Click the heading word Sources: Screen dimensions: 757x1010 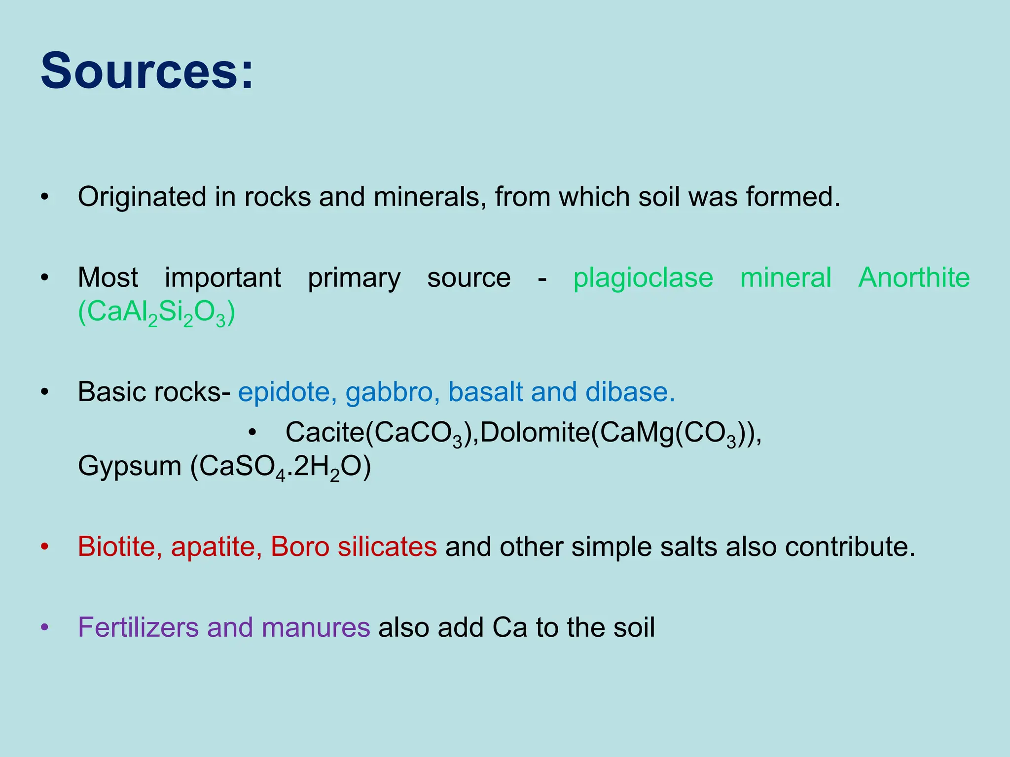coord(146,71)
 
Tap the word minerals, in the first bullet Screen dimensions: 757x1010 coord(430,197)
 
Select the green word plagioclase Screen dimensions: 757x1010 coord(643,278)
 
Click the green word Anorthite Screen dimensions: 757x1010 coord(914,277)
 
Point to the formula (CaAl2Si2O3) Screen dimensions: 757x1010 coord(156,312)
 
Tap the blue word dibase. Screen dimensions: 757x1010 coord(630,392)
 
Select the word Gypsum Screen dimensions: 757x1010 coord(130,466)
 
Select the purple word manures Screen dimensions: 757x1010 coord(316,628)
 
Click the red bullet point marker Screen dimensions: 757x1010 coord(45,547)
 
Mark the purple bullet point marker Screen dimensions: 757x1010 coord(45,628)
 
